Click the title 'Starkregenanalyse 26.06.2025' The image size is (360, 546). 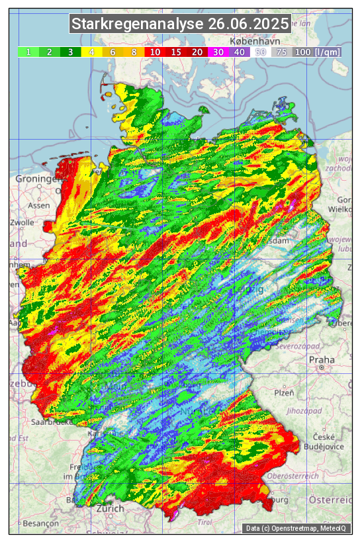(180, 24)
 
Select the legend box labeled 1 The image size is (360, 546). (28, 52)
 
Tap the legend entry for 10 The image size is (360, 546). (155, 52)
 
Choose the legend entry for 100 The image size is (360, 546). (303, 52)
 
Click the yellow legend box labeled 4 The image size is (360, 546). (91, 52)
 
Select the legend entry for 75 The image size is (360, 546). (281, 52)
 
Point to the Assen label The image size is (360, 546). (39, 205)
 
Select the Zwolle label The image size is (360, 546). (21, 223)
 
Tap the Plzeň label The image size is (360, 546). (284, 392)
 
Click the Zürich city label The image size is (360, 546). (110, 508)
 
